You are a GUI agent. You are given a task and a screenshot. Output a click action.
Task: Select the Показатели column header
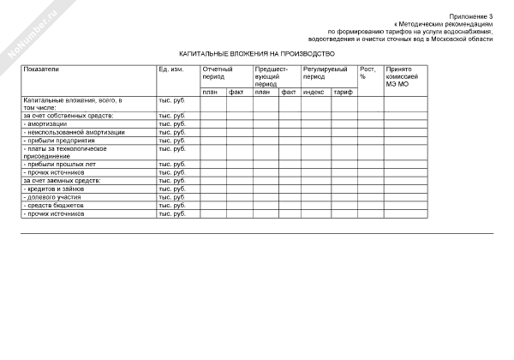point(42,68)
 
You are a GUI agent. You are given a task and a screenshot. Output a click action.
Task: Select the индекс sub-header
point(314,92)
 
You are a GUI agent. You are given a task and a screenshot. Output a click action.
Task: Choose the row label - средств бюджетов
point(54,205)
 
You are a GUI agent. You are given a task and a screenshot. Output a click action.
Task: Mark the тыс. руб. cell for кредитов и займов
point(172,189)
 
